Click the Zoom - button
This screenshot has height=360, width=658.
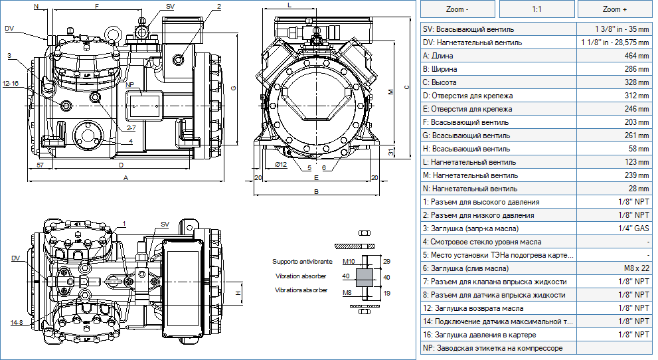click(x=457, y=9)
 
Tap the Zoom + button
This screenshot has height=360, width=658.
click(x=615, y=9)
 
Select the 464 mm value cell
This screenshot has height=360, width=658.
click(x=614, y=56)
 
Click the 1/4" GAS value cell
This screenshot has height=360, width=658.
click(x=614, y=228)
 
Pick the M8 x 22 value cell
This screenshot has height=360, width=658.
click(x=614, y=268)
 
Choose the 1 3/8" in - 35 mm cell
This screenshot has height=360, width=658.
click(x=614, y=29)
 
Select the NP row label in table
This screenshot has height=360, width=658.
click(x=493, y=348)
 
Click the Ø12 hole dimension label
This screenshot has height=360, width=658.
click(x=281, y=165)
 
